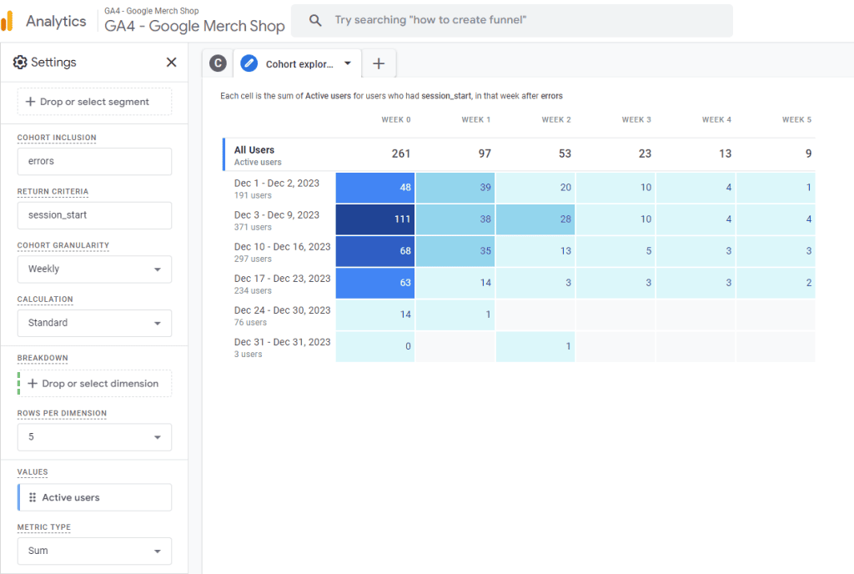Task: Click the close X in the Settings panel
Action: (171, 63)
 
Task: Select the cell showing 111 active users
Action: (375, 219)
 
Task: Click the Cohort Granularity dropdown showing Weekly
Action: (94, 269)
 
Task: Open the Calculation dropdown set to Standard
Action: (94, 323)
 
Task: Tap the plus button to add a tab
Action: (379, 63)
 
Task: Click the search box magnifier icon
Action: (315, 20)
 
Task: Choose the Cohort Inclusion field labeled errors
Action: (94, 162)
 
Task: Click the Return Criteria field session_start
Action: (94, 215)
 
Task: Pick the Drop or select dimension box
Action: (94, 384)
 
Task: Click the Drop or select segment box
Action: (94, 102)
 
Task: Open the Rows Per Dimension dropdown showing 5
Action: (94, 437)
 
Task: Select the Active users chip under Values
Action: (94, 497)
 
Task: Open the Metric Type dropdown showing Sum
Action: (94, 551)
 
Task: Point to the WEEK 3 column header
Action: (636, 120)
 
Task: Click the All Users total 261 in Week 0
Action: (400, 154)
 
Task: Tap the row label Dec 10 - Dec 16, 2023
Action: (282, 247)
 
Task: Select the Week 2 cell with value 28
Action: (535, 219)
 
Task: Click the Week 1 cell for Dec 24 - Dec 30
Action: (455, 315)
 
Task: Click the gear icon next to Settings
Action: (20, 63)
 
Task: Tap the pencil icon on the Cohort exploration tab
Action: (249, 63)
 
